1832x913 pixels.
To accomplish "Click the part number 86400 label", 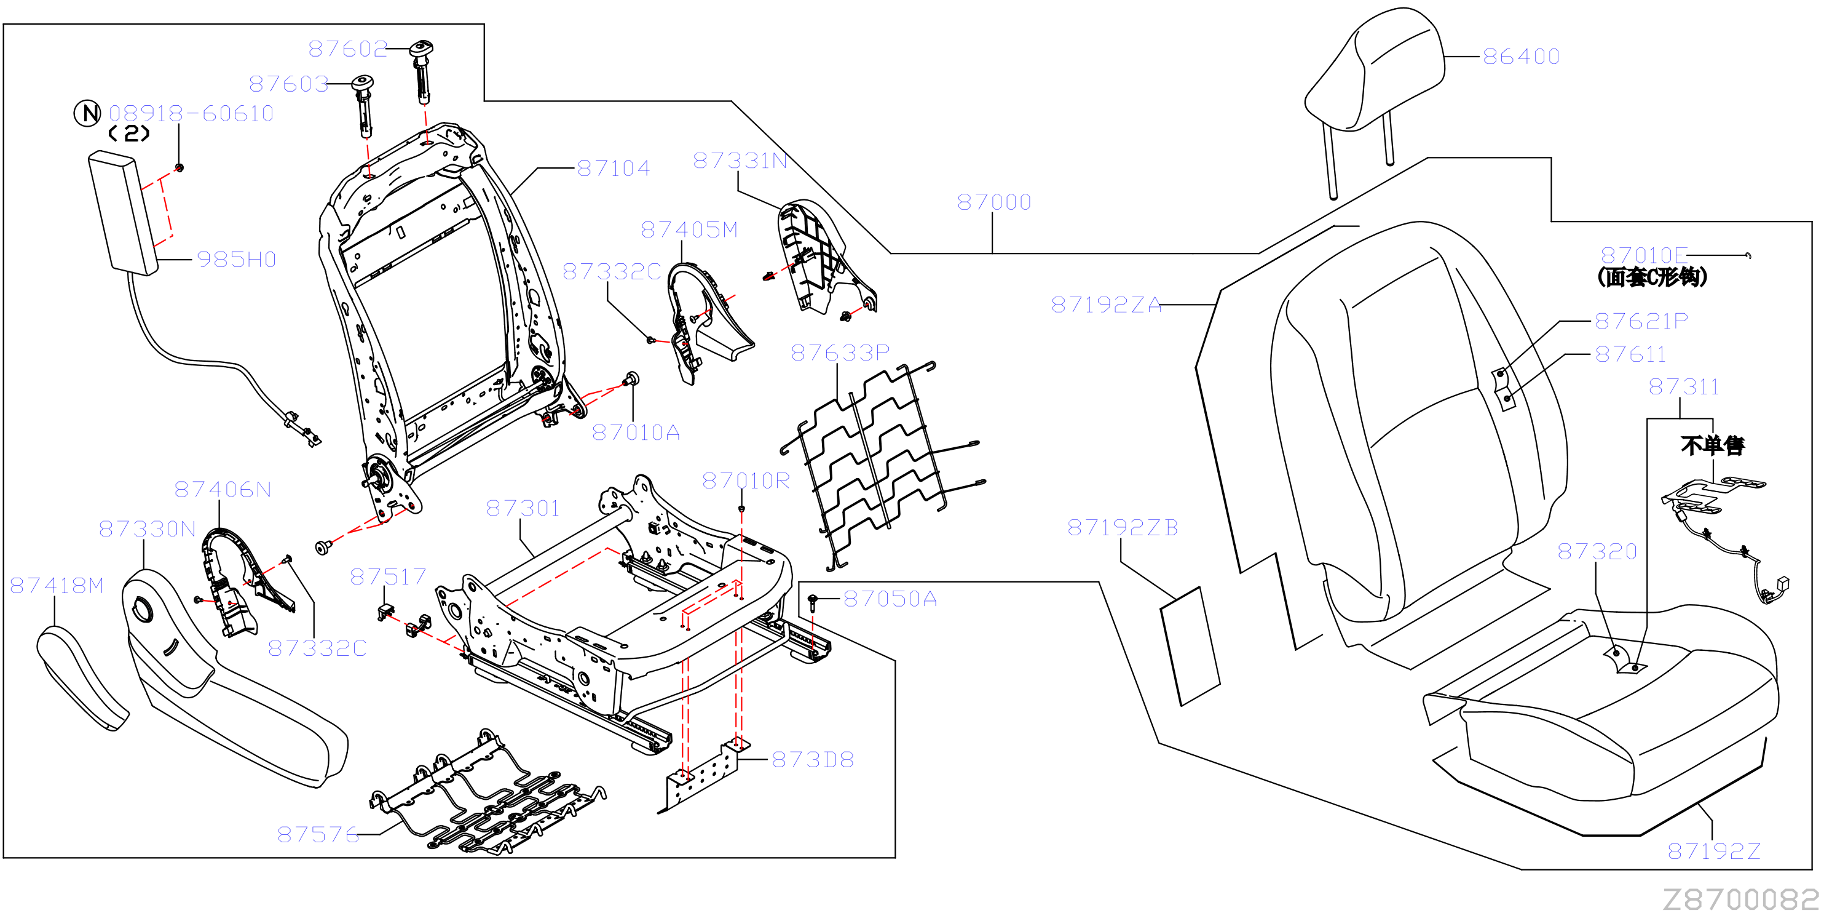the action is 1520,56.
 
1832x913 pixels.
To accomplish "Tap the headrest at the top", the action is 1373,78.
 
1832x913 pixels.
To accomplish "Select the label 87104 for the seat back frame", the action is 614,169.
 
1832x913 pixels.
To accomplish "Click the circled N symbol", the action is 87,113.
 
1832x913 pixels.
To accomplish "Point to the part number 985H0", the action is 236,260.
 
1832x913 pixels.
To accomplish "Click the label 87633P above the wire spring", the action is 840,353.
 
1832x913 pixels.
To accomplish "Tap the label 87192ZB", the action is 1122,527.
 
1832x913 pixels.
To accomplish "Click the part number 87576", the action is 318,834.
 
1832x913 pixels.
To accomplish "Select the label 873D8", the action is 812,759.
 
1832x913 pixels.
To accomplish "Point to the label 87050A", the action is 890,599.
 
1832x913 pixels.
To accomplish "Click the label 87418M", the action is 57,585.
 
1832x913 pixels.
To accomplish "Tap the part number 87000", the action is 993,202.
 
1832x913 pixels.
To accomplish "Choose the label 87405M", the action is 689,230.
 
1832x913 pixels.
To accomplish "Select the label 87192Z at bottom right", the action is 1714,850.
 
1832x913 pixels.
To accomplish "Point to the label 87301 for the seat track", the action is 523,508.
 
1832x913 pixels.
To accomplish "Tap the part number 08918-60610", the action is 191,113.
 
